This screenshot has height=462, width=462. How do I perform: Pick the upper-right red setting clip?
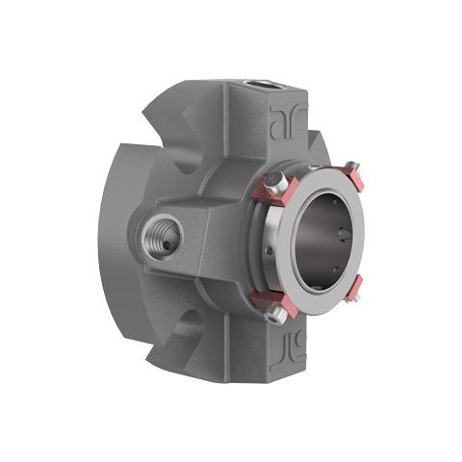358,179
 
